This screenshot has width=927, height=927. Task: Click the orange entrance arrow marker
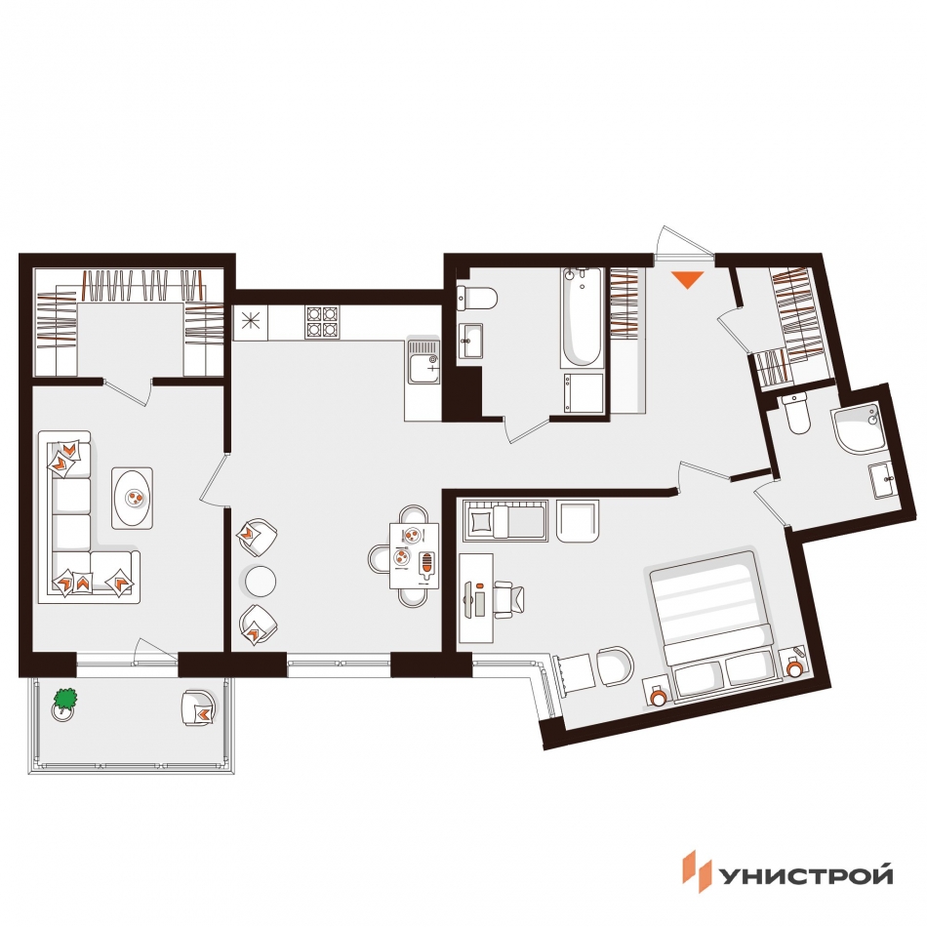(x=688, y=278)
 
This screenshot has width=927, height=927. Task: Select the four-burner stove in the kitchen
(x=322, y=322)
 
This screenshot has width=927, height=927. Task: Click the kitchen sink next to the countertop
(x=423, y=361)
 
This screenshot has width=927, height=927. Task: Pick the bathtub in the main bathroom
(x=582, y=318)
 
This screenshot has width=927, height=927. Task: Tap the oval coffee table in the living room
(x=133, y=498)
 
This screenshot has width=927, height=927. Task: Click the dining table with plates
(x=415, y=556)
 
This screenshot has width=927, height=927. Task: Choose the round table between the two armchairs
(x=261, y=582)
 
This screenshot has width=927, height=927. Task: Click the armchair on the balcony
(x=199, y=707)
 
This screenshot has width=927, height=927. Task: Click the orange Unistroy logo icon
(x=698, y=870)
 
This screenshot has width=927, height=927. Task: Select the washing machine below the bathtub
(x=583, y=392)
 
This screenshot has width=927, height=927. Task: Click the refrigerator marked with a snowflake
(x=251, y=322)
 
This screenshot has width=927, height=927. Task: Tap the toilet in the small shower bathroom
(x=797, y=414)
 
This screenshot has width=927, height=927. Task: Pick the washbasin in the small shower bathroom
(x=882, y=480)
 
